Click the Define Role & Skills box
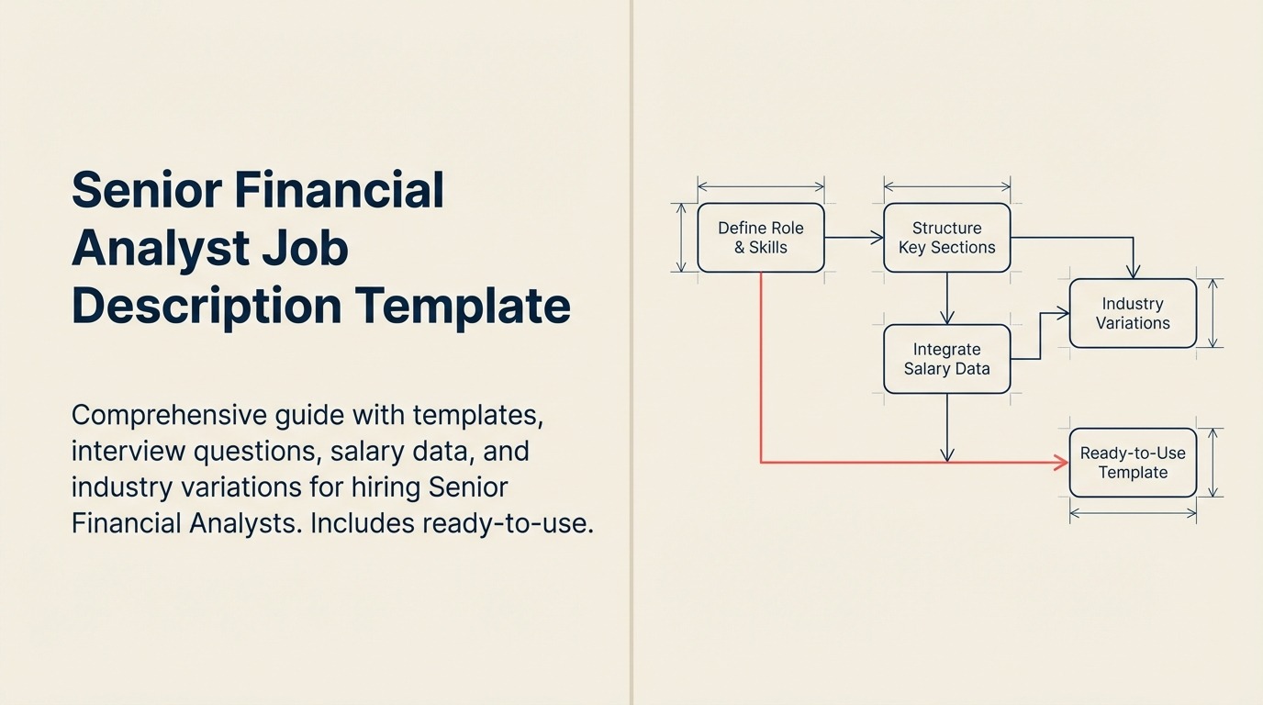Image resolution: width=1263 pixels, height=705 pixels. point(761,238)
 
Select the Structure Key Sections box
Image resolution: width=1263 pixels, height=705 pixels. point(946,238)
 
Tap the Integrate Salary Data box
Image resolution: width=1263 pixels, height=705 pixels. point(946,359)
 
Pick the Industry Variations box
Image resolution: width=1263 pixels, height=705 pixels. point(1133,313)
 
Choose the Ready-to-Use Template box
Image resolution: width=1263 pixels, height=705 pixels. point(1133,463)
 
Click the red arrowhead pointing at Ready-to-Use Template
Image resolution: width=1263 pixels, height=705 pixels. point(1062,463)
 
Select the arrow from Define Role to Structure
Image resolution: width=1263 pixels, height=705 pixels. point(854,238)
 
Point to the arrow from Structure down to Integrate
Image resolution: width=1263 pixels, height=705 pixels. point(946,298)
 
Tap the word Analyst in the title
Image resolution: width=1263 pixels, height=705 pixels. point(161,248)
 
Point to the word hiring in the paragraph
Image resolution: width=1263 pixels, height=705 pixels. point(380,487)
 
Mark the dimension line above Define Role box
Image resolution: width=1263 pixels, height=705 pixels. point(761,186)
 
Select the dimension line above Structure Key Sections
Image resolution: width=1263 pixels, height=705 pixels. point(946,186)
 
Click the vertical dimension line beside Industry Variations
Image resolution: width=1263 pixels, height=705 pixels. point(1213,313)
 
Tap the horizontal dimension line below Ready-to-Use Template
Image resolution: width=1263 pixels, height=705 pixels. point(1133,514)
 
